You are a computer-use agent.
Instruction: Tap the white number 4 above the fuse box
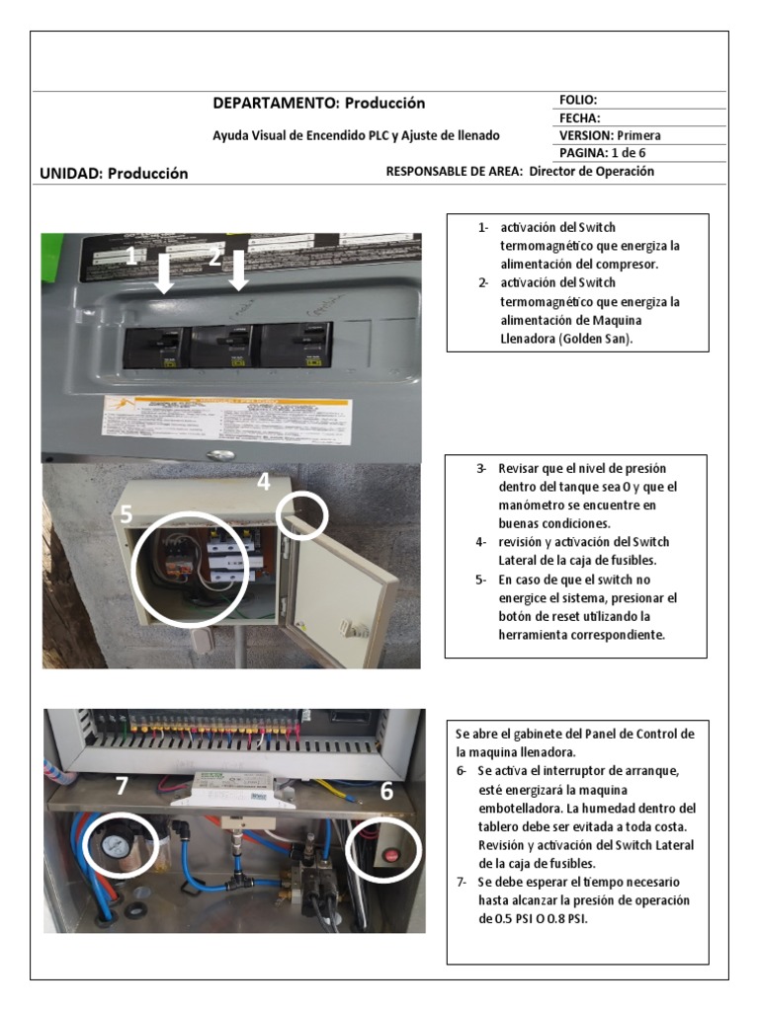pyautogui.click(x=263, y=482)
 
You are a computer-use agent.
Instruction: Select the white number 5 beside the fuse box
pyautogui.click(x=126, y=514)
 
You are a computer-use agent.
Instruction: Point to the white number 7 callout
pyautogui.click(x=122, y=787)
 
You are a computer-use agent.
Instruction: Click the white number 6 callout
pyautogui.click(x=386, y=791)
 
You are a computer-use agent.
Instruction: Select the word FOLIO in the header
pyautogui.click(x=578, y=100)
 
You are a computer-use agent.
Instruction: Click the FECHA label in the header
pyautogui.click(x=580, y=117)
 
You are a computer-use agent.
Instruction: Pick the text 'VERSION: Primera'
pyautogui.click(x=610, y=135)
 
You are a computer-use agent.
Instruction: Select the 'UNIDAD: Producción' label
pyautogui.click(x=114, y=173)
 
